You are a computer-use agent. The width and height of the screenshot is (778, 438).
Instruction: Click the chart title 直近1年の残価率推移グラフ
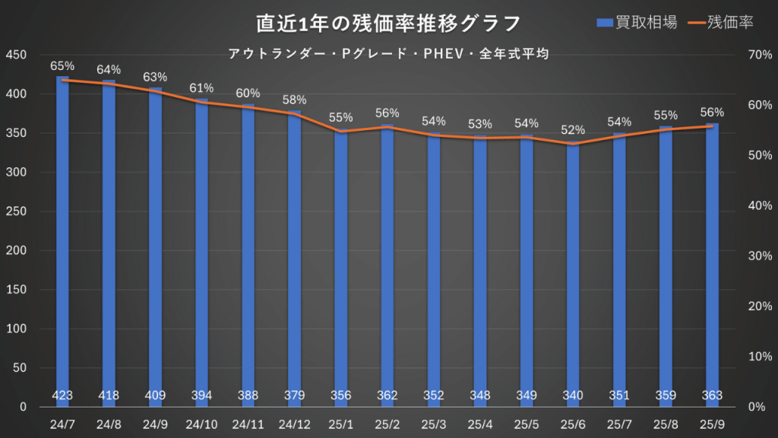pyautogui.click(x=388, y=24)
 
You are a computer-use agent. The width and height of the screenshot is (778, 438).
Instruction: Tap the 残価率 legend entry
pyautogui.click(x=720, y=23)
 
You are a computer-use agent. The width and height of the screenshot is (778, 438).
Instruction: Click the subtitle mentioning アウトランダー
pyautogui.click(x=388, y=54)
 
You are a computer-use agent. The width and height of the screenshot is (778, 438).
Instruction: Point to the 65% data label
pyautogui.click(x=62, y=66)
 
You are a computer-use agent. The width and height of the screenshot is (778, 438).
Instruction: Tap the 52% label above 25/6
pyautogui.click(x=572, y=129)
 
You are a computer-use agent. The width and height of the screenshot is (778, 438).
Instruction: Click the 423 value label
pyautogui.click(x=62, y=395)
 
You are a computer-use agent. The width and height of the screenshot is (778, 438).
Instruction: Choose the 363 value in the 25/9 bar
pyautogui.click(x=712, y=395)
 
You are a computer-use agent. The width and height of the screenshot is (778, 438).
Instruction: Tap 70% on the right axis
pyautogui.click(x=760, y=55)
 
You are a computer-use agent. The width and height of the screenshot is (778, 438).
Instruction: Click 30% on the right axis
pyautogui.click(x=760, y=255)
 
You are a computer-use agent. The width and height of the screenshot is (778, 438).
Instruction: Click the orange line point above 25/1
pyautogui.click(x=340, y=132)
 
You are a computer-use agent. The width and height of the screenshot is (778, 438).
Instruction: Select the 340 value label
pyautogui.click(x=572, y=395)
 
